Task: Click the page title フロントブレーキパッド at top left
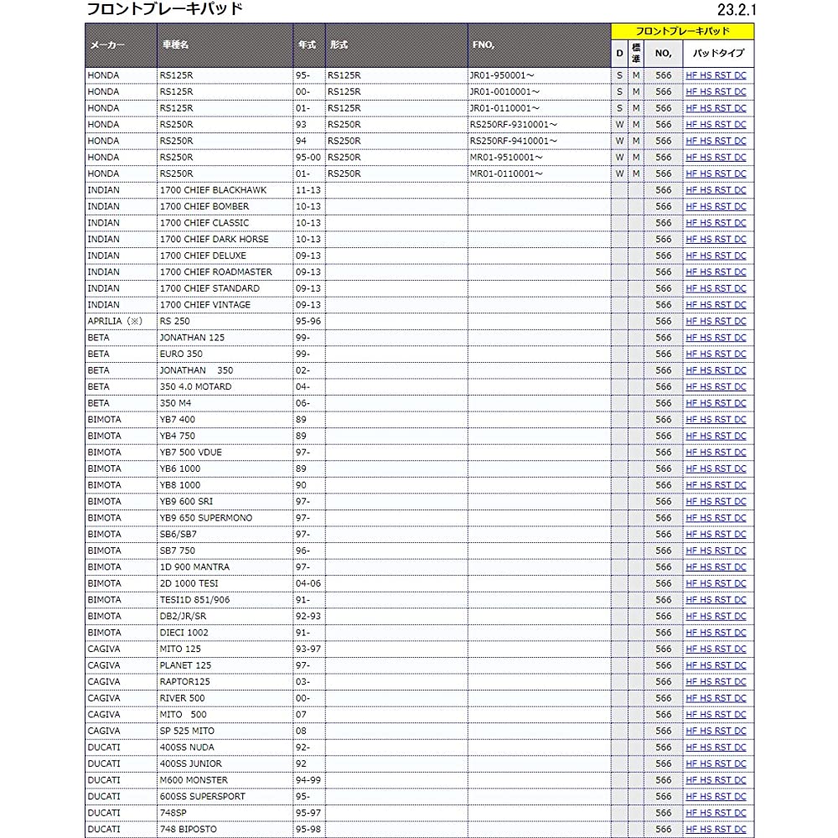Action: tap(165, 10)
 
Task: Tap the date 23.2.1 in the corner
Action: tap(737, 11)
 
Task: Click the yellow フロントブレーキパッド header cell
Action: tap(682, 31)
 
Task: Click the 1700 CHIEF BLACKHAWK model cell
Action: tap(213, 190)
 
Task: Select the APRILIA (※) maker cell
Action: tap(116, 321)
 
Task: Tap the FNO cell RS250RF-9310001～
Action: tap(514, 124)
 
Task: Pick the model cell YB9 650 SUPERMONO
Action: tap(205, 518)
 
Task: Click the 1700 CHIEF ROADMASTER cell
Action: tap(215, 272)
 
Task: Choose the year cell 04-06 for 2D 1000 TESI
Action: tap(308, 583)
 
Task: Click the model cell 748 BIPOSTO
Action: tap(188, 829)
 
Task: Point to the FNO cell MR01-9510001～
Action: tap(506, 157)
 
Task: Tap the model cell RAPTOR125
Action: tap(184, 681)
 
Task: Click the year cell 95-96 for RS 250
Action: tap(308, 321)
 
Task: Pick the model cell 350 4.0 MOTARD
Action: tap(195, 386)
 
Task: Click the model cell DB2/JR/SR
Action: tap(182, 616)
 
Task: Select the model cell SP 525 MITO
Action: tap(186, 731)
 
